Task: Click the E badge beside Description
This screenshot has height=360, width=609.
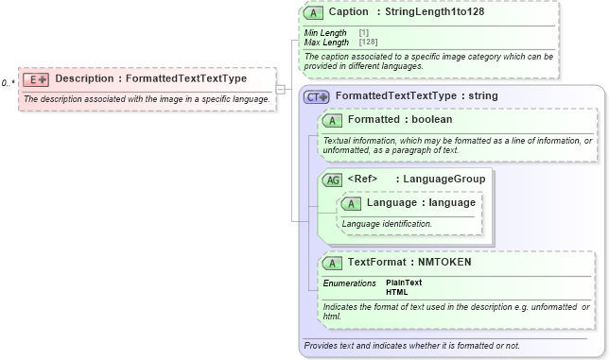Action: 36,79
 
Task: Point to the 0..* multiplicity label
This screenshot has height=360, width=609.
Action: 9,83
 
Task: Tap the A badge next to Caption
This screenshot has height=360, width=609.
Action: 312,13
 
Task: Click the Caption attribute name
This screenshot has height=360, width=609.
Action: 349,13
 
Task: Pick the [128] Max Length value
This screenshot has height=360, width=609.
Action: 369,43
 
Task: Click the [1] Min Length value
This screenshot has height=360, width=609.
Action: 364,33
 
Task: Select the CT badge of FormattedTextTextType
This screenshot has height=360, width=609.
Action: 316,96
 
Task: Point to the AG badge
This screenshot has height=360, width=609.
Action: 332,180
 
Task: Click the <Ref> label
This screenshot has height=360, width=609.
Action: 363,180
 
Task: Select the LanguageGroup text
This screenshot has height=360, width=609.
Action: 446,180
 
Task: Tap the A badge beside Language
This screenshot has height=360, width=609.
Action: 350,204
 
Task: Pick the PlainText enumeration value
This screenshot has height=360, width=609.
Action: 404,283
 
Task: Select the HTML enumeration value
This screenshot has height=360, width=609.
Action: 396,292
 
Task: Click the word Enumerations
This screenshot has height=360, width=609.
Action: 350,283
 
